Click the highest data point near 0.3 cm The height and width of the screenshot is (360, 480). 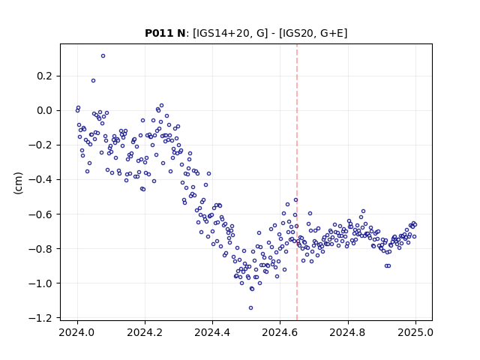point(103,56)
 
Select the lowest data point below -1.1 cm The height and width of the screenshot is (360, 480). point(250,308)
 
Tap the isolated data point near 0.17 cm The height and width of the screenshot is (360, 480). point(93,81)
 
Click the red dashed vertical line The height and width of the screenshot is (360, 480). point(297,182)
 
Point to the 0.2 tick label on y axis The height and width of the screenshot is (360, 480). point(44,76)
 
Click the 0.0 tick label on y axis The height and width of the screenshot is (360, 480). point(44,110)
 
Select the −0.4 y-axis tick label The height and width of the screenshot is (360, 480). point(40,180)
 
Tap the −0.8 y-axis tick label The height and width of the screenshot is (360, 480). point(40,249)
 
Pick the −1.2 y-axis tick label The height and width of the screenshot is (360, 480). point(40,318)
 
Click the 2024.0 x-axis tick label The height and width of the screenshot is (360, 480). point(77,333)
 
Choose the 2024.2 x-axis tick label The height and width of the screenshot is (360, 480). point(145,333)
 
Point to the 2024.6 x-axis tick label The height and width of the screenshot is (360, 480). point(280,333)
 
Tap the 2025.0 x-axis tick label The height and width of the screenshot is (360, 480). point(415,333)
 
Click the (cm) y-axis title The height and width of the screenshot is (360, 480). point(18,183)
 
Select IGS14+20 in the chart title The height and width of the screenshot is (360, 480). point(221,33)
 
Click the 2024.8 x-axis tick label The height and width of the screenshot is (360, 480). point(348,333)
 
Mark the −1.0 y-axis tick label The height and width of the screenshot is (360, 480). point(40,283)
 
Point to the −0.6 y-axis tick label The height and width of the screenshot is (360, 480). point(40,214)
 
